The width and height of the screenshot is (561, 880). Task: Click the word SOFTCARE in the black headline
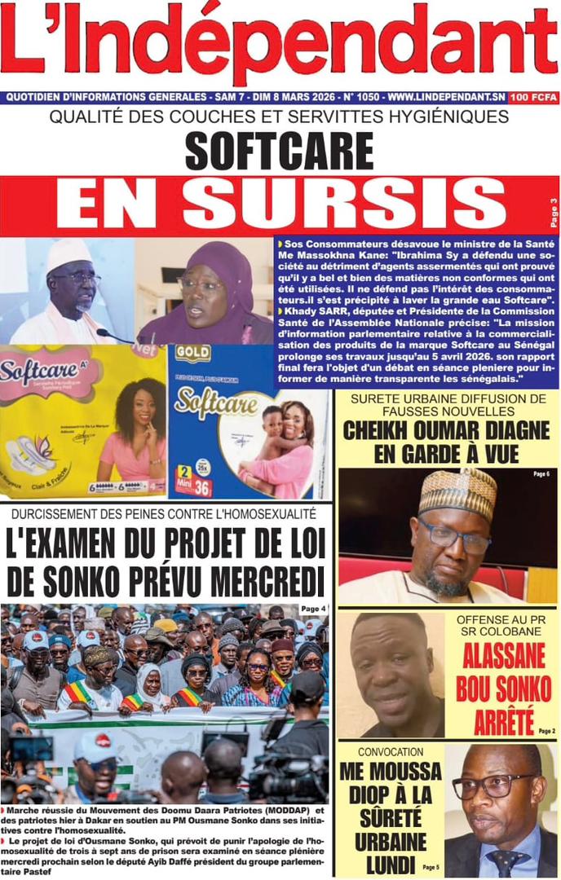[x=279, y=152]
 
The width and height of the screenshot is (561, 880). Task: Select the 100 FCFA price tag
[x=533, y=98]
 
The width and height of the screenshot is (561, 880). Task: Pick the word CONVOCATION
[x=391, y=752]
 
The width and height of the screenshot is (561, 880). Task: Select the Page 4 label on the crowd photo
[x=313, y=609]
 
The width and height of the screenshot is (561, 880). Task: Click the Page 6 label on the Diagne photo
[x=541, y=473]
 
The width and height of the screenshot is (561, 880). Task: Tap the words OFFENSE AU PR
[x=501, y=619]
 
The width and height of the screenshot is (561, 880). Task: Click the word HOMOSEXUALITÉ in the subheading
[x=258, y=514]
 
